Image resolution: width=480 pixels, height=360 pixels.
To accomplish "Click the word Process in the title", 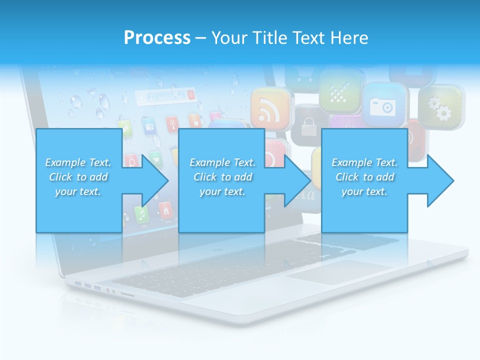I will click(x=157, y=37).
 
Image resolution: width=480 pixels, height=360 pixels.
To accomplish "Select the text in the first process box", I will click(x=78, y=177).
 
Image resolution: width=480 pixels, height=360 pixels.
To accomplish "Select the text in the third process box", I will click(x=364, y=177).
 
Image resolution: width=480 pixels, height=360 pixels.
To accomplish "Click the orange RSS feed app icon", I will click(x=270, y=108).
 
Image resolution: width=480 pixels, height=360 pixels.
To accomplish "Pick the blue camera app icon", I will click(x=382, y=105).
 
